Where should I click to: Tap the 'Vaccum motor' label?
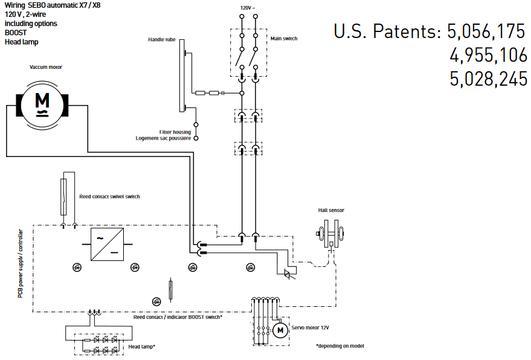[46, 67]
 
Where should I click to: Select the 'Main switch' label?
[284, 39]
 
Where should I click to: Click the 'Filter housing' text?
[175, 132]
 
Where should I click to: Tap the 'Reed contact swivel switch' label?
[110, 196]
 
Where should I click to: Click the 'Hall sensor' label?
[331, 210]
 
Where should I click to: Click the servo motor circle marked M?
[280, 330]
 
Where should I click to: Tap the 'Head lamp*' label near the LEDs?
[142, 346]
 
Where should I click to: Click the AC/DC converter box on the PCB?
[107, 245]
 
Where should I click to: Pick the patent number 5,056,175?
[486, 31]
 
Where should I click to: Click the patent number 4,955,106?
[488, 56]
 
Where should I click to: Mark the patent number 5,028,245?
[488, 79]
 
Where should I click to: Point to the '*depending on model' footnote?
[340, 346]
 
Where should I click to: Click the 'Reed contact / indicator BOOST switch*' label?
[178, 317]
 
